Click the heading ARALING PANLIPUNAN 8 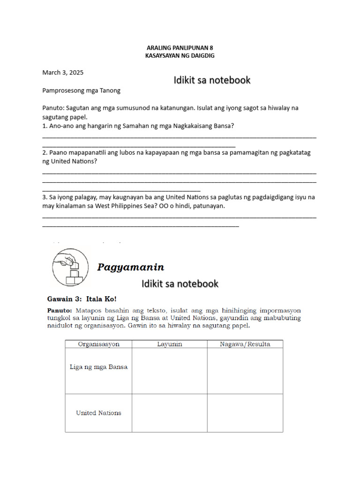point(180,48)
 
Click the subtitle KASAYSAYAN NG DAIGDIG point(180,55)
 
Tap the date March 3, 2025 point(63,73)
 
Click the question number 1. point(44,126)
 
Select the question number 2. point(44,153)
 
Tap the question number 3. point(44,197)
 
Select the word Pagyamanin point(131,268)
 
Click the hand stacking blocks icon point(70,267)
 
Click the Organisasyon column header point(98,344)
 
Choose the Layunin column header point(169,344)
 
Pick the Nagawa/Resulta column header point(245,344)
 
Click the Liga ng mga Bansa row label point(98,367)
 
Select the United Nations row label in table point(98,413)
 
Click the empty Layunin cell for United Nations point(169,413)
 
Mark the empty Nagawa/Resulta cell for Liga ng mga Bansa point(245,370)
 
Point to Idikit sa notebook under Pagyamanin point(180,284)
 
